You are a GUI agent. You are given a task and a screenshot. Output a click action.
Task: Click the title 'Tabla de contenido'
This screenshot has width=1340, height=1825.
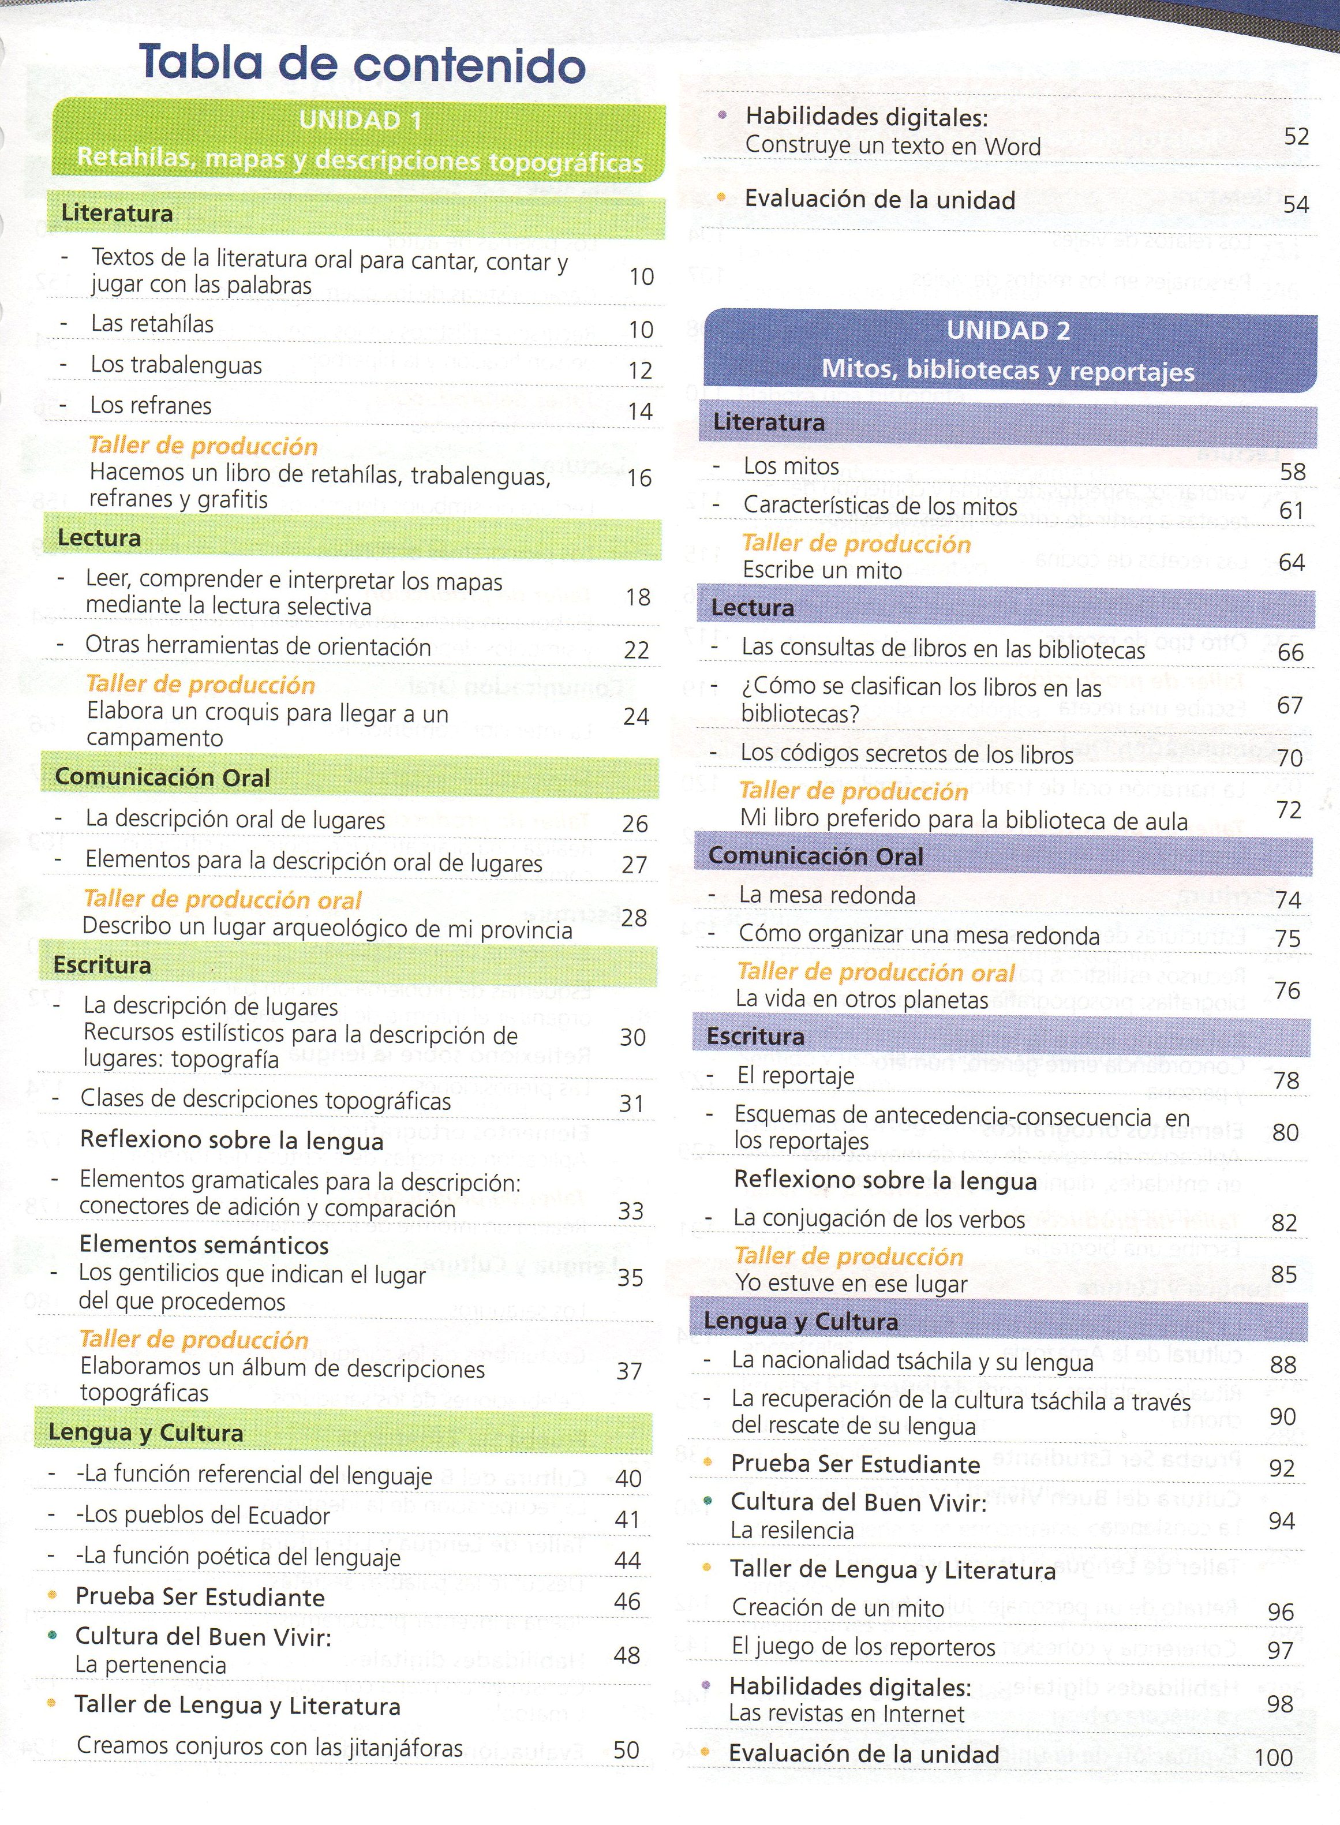362,63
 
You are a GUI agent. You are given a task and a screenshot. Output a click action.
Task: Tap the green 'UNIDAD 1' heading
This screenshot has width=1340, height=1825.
360,121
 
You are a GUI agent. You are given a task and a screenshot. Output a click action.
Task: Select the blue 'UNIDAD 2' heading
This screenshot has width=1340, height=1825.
1008,331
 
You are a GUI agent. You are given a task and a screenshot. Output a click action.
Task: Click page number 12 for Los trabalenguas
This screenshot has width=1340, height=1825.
640,371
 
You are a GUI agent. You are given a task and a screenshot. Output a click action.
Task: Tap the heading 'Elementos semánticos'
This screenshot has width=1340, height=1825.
204,1244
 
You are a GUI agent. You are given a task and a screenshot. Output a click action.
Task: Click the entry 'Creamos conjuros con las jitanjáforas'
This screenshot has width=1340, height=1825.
270,1747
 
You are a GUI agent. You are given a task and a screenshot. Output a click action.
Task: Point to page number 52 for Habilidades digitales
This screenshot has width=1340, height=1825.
1296,136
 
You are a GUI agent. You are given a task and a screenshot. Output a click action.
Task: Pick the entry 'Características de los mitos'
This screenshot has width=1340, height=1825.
880,506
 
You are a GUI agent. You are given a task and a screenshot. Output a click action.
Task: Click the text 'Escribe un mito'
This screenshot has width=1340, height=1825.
822,570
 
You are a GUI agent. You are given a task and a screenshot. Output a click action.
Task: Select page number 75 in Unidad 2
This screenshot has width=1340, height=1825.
1288,938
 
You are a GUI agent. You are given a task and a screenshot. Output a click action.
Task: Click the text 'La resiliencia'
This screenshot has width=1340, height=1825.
792,1531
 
